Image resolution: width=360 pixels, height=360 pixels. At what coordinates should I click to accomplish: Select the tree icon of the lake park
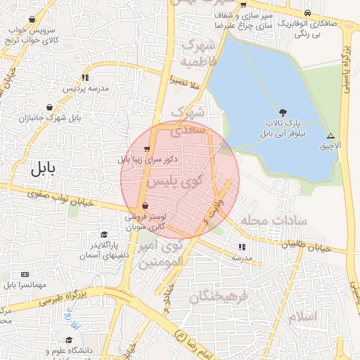click(283, 112)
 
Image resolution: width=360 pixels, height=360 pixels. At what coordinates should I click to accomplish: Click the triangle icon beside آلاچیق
click(331, 136)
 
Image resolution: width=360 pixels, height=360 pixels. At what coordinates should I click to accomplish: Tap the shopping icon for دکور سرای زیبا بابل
click(146, 148)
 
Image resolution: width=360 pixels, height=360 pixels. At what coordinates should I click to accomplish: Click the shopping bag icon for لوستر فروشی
click(145, 206)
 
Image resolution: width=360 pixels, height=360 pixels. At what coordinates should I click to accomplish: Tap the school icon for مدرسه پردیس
click(85, 77)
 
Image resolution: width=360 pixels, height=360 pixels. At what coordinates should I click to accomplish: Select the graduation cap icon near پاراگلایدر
click(104, 234)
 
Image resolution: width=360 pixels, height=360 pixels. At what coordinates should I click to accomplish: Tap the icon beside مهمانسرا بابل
click(26, 274)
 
